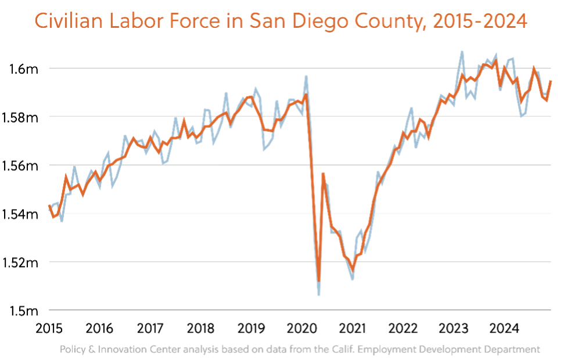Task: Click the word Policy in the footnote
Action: point(72,350)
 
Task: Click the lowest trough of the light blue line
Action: point(319,296)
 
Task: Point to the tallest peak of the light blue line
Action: point(462,51)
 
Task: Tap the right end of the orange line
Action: point(551,81)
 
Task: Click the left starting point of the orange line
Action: point(49,206)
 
